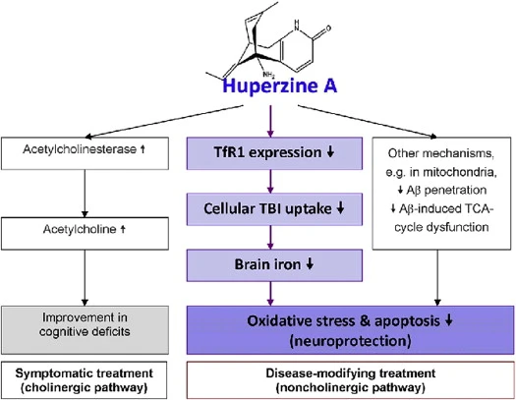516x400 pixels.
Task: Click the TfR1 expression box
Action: click(262, 153)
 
